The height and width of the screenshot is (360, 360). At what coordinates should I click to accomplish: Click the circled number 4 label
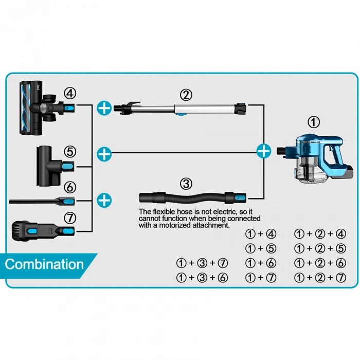click(x=70, y=93)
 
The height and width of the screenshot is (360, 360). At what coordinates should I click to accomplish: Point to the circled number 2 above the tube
click(x=186, y=95)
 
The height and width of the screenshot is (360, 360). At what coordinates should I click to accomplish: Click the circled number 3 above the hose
click(x=186, y=184)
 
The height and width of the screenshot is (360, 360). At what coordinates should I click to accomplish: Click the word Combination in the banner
click(x=44, y=265)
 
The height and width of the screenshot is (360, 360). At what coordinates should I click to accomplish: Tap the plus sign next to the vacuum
click(x=263, y=151)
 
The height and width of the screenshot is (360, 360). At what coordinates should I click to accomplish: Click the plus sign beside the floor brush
click(x=104, y=107)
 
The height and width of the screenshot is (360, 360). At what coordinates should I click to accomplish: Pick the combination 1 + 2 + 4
click(x=319, y=233)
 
